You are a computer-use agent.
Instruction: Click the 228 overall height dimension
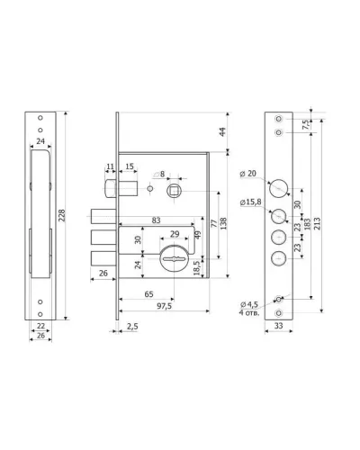62,215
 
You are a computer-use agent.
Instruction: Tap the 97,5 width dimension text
165,306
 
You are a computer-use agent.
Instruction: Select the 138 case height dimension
223,223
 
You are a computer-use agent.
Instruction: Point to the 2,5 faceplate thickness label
132,326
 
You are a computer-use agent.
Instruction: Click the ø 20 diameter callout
248,174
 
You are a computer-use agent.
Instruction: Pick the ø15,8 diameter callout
250,202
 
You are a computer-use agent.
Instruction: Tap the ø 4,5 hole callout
249,304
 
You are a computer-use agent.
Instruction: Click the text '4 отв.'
249,313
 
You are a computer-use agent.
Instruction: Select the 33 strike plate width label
278,326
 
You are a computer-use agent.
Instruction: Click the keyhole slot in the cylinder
174,258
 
